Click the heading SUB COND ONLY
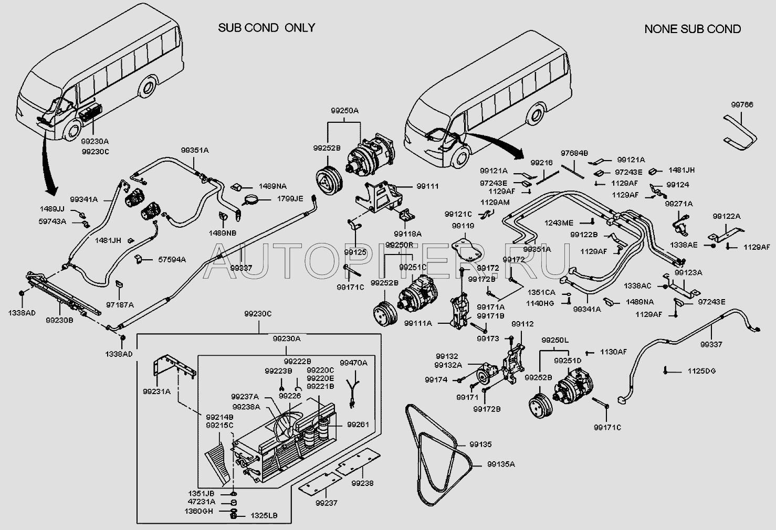(266, 28)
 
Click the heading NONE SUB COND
(692, 29)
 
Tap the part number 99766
(742, 105)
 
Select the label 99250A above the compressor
(344, 111)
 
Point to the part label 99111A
(418, 324)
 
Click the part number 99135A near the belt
(501, 464)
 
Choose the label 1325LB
(264, 516)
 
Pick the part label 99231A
(156, 391)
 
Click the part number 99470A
(353, 363)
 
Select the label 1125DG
(701, 371)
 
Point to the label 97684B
(574, 153)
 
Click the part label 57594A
(172, 259)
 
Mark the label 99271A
(679, 204)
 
